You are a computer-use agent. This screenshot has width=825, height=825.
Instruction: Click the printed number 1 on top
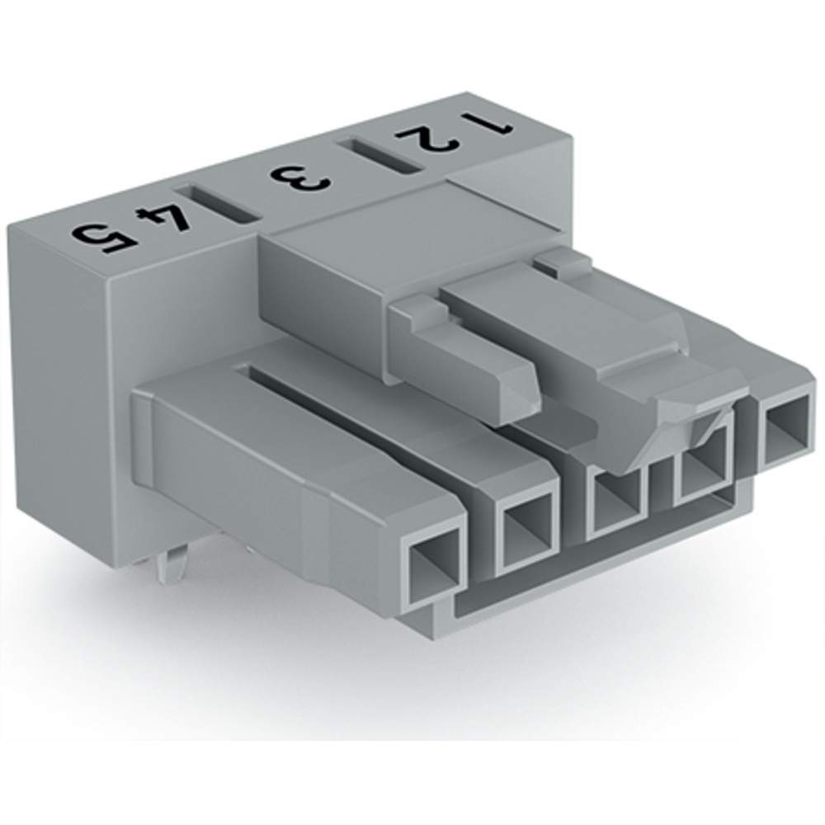(x=488, y=124)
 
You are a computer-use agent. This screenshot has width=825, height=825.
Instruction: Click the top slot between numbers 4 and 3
(x=217, y=205)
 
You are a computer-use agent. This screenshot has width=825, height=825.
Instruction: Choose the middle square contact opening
(x=615, y=503)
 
